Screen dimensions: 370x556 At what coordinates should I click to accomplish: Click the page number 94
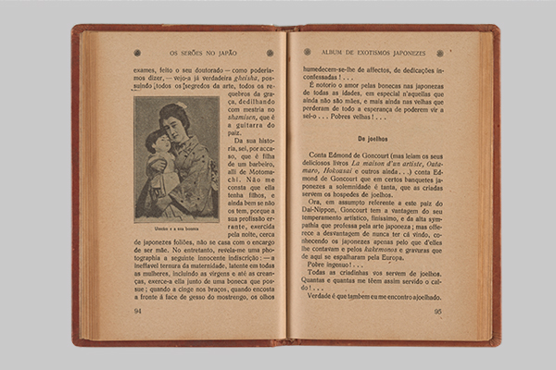[x=138, y=311]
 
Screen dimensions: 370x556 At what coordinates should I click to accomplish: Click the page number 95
[x=437, y=311]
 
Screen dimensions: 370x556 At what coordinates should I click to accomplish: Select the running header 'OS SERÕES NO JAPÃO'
[x=204, y=53]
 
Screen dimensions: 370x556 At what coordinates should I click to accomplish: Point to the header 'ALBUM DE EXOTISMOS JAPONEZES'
[x=373, y=53]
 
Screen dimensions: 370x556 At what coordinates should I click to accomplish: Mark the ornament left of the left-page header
[x=137, y=53]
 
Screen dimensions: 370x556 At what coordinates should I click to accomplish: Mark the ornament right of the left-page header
[x=270, y=53]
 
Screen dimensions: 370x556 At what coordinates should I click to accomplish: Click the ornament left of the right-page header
[x=307, y=52]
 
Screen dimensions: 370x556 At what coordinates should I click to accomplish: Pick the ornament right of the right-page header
[x=439, y=53]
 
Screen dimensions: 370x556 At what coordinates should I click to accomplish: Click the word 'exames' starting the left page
[x=146, y=69]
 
